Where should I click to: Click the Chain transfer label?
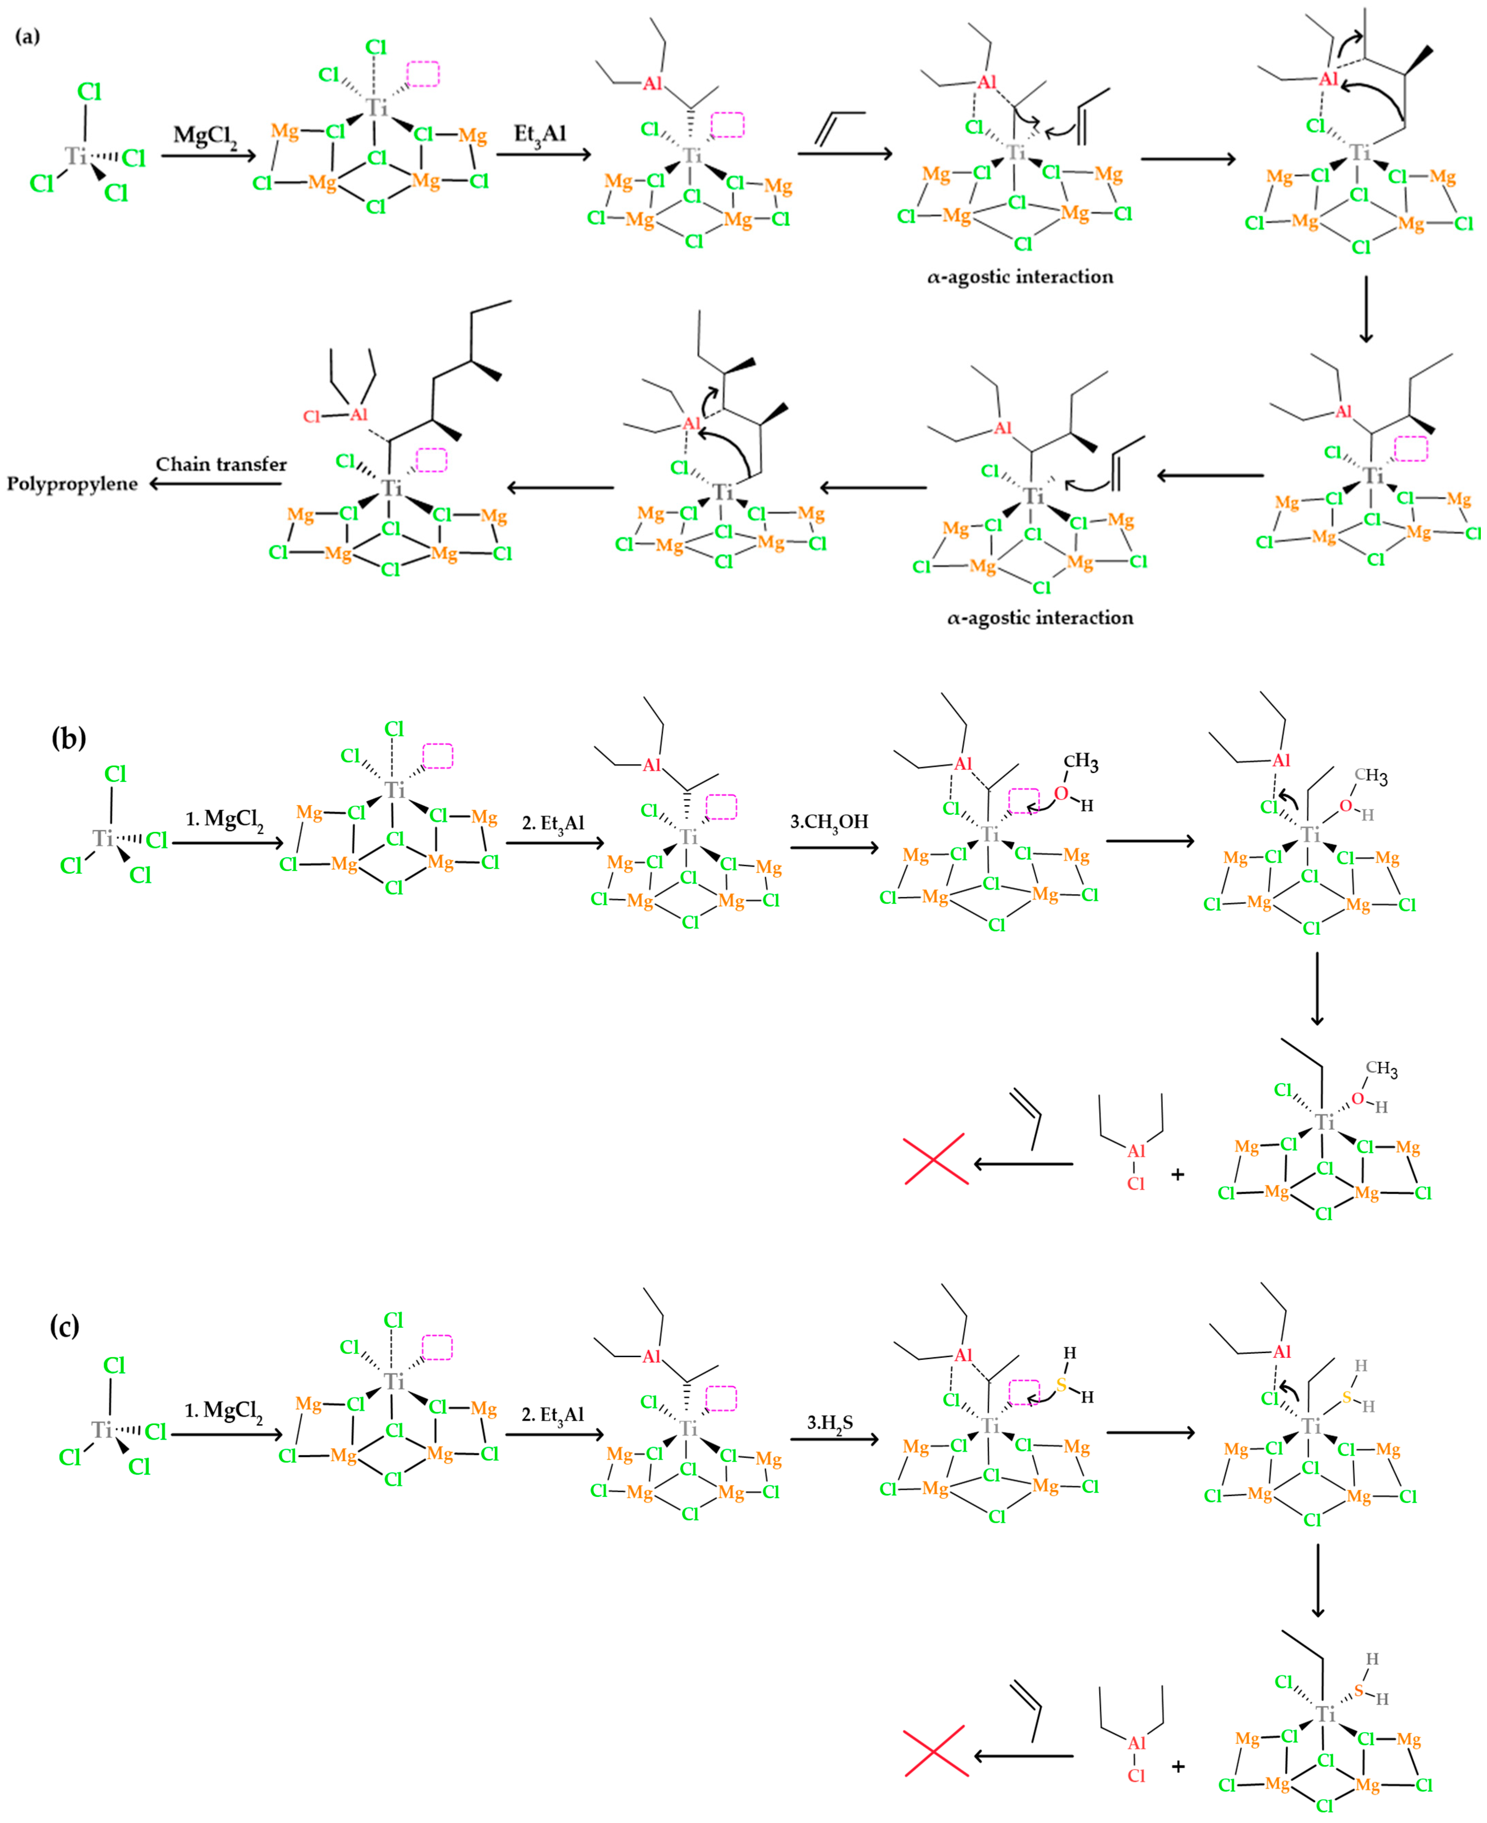[x=221, y=464]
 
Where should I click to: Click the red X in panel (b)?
[x=936, y=1159]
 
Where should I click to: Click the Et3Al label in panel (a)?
[x=540, y=134]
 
